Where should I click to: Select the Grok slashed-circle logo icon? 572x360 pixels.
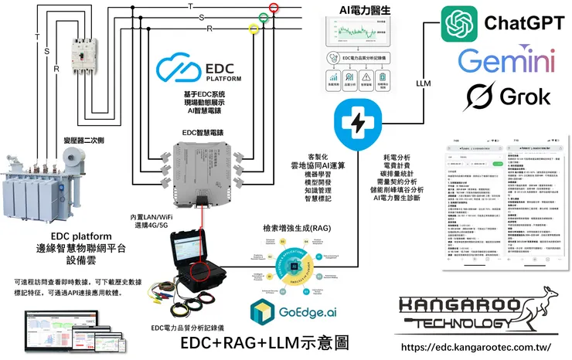click(x=479, y=97)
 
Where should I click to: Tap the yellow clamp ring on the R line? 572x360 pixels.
click(x=253, y=29)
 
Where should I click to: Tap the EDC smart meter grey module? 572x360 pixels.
click(x=204, y=165)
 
